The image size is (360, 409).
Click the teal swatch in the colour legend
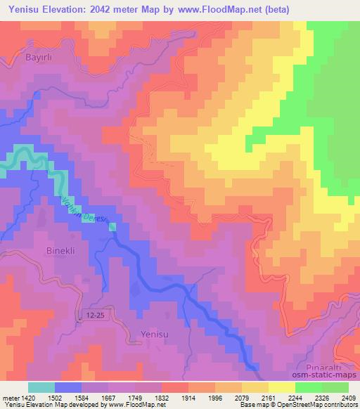click(x=41, y=387)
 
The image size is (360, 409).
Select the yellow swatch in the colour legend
click(x=281, y=387)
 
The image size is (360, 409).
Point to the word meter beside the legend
click(x=9, y=398)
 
